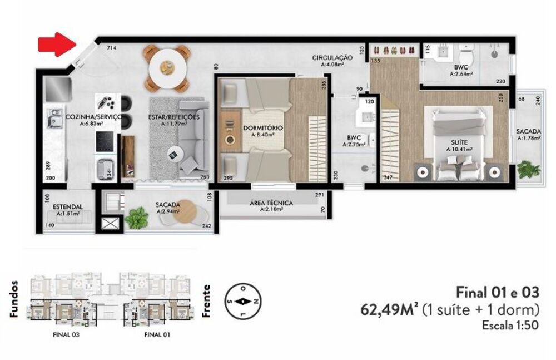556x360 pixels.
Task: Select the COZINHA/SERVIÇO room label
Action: click(93, 117)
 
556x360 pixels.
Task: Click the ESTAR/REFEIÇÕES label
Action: click(173, 117)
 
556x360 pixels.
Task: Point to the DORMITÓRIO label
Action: click(263, 129)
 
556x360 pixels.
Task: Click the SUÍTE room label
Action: click(459, 142)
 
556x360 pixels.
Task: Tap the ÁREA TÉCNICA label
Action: click(271, 203)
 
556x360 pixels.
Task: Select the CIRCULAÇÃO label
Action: click(332, 57)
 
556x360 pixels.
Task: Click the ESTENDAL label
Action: click(68, 206)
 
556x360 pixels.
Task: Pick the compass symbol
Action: click(244, 301)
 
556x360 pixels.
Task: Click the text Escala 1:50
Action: click(510, 326)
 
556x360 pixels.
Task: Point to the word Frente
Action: click(207, 300)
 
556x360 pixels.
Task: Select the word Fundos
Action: click(14, 299)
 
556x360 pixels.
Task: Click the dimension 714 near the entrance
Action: click(111, 48)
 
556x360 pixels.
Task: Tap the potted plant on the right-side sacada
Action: click(524, 169)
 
